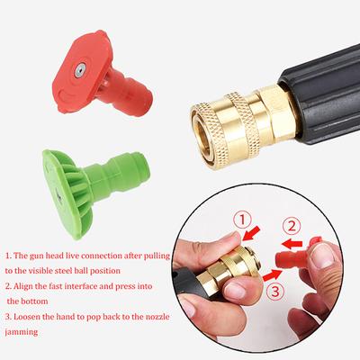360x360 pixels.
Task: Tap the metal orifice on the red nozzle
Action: click(x=80, y=71)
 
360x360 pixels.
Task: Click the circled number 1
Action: click(x=242, y=221)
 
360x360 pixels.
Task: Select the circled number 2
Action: click(x=292, y=226)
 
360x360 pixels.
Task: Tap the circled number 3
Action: click(x=275, y=291)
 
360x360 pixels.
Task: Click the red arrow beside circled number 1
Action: click(x=251, y=233)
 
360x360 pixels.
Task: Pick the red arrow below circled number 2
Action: click(x=292, y=244)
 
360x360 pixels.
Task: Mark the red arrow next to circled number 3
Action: click(x=272, y=275)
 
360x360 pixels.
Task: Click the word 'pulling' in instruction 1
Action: click(x=157, y=256)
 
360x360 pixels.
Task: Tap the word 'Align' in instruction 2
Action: click(x=23, y=286)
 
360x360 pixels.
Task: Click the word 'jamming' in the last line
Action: click(x=22, y=332)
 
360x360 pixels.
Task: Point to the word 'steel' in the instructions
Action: click(x=64, y=271)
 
